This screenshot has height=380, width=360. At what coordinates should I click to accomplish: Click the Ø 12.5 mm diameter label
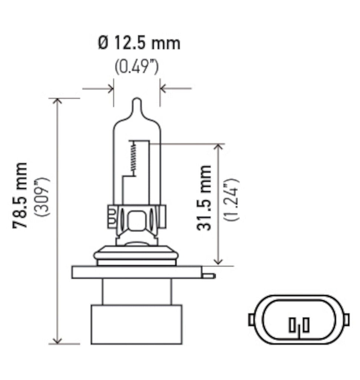[139, 43]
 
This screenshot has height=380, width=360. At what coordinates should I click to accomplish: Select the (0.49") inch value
[136, 67]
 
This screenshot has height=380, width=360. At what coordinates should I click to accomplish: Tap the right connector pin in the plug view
[305, 325]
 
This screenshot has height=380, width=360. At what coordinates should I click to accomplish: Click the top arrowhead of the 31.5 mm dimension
[219, 148]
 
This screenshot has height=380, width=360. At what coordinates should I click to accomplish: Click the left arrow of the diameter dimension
[109, 89]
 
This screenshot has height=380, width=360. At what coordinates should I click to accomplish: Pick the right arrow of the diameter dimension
[164, 89]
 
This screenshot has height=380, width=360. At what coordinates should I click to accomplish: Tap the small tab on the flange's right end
[209, 276]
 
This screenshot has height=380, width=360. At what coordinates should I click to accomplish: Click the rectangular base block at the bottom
[136, 324]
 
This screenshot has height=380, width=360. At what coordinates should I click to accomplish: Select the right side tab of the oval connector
[347, 319]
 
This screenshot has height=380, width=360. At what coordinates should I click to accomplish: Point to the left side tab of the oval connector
[251, 319]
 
